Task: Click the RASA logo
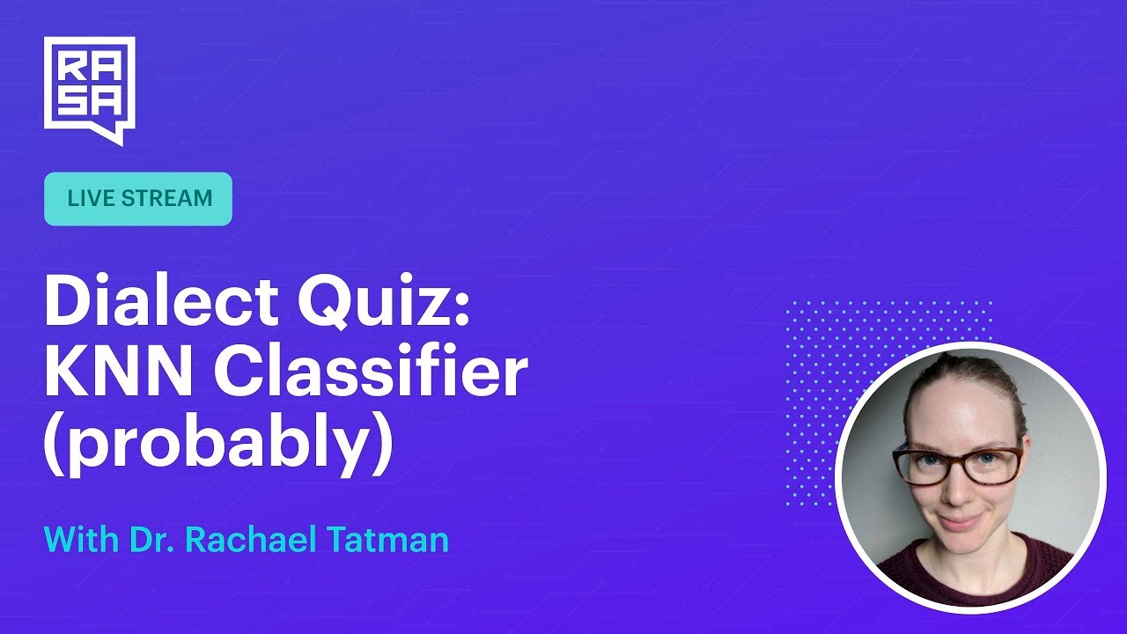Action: (89, 88)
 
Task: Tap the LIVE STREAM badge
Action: (138, 198)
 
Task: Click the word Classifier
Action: (371, 373)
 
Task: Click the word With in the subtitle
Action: (77, 540)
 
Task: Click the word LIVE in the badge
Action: (91, 198)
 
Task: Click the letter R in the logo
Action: (69, 65)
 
